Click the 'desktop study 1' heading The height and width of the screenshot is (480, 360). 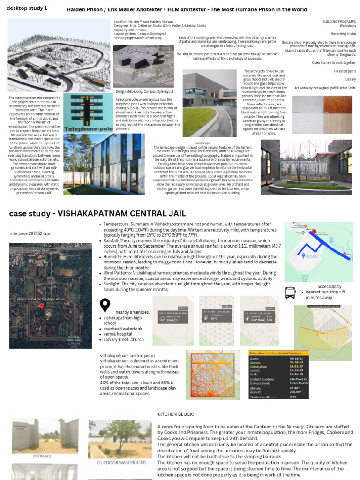[27, 8]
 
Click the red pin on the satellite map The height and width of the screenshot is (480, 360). [42, 306]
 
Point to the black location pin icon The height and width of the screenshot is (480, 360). [105, 306]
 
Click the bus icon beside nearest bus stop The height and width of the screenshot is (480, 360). [290, 293]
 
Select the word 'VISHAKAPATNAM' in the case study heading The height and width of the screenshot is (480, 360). [94, 214]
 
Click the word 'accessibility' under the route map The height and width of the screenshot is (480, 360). [329, 286]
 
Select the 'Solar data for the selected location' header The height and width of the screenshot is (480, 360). [278, 352]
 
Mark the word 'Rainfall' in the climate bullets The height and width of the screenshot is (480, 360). [113, 240]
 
